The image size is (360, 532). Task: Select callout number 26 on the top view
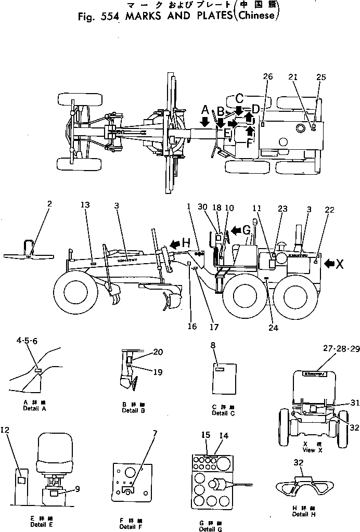pos(267,77)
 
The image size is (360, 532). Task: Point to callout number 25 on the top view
pos(321,77)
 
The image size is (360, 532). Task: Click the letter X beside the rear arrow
pos(340,264)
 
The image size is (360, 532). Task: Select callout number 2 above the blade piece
pos(49,204)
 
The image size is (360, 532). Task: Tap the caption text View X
pos(309,450)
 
